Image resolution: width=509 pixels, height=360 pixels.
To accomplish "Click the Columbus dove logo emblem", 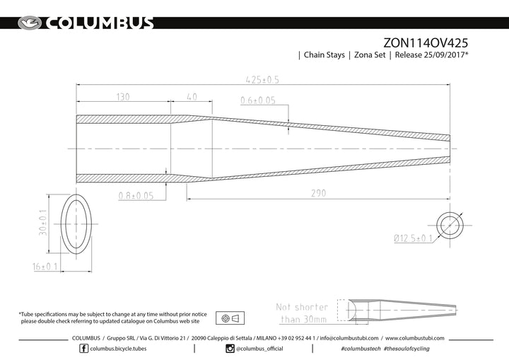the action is pyautogui.click(x=30, y=23).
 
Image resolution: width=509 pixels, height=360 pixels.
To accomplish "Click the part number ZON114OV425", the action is pyautogui.click(x=426, y=43).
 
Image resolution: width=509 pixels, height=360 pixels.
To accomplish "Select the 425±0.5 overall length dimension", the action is pyautogui.click(x=262, y=80).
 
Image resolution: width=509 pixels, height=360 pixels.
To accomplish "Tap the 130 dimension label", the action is pyautogui.click(x=123, y=97).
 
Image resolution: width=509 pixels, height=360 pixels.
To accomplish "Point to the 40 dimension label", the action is pyautogui.click(x=192, y=97).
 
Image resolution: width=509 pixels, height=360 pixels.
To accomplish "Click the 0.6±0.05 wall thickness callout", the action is pyautogui.click(x=258, y=100).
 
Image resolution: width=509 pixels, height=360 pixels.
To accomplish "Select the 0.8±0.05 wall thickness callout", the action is pyautogui.click(x=136, y=196).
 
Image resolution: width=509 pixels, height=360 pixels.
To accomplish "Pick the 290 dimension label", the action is pyautogui.click(x=318, y=193).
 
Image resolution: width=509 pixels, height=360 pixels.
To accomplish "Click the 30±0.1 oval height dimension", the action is pyautogui.click(x=42, y=223).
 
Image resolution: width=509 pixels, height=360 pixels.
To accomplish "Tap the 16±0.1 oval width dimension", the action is pyautogui.click(x=45, y=267).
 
